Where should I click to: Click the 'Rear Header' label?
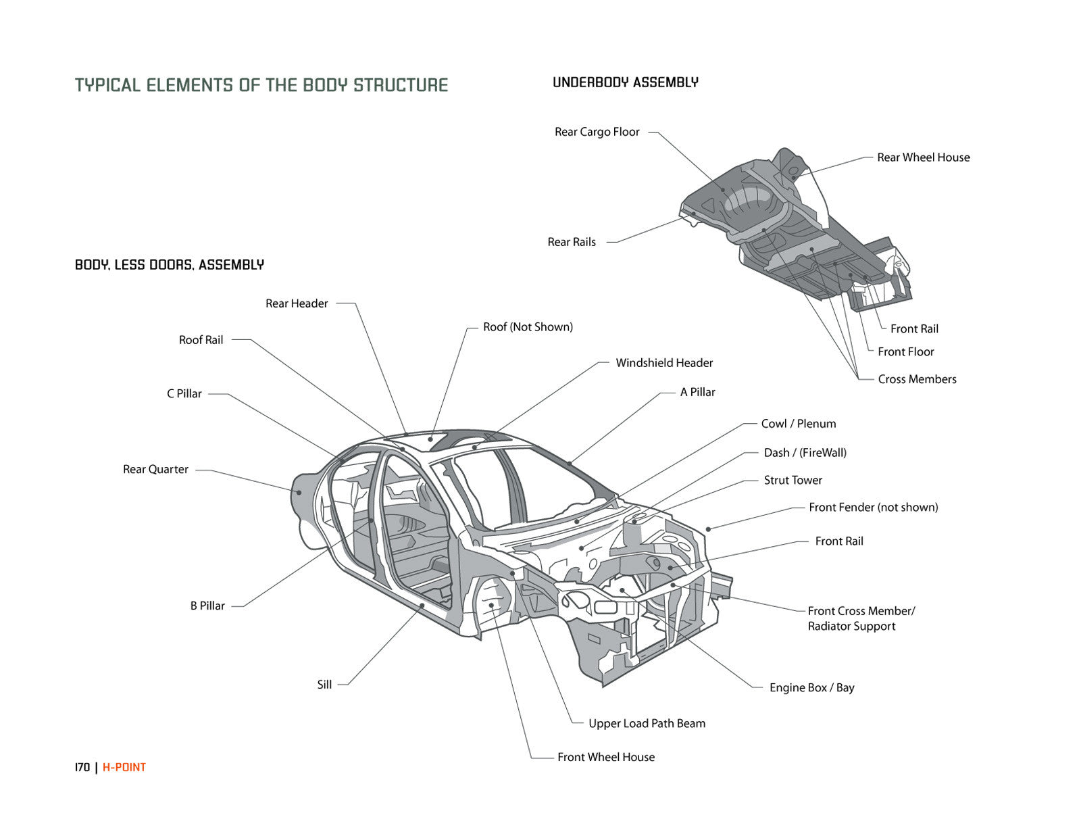[x=297, y=303]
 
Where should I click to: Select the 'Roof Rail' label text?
[x=201, y=340]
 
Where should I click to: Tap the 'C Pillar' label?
[x=184, y=393]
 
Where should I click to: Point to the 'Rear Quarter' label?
[x=155, y=469]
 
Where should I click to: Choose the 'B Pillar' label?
[x=207, y=606]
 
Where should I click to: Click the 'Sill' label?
[x=324, y=685]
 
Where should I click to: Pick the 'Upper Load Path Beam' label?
[x=647, y=723]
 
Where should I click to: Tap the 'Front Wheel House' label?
[x=606, y=757]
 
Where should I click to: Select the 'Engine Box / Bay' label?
[x=811, y=687]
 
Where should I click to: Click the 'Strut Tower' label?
[x=793, y=480]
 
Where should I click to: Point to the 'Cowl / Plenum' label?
[x=798, y=424]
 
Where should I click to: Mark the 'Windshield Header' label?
[x=664, y=363]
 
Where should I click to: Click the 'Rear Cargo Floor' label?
[x=597, y=132]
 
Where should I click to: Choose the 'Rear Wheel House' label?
[x=923, y=157]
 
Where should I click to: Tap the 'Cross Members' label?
[x=917, y=379]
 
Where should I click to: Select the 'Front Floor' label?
[x=905, y=351]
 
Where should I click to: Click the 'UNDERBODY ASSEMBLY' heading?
[x=626, y=82]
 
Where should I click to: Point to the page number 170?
[x=82, y=767]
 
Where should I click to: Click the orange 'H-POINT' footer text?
[x=124, y=767]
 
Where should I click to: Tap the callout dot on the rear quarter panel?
[x=299, y=492]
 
